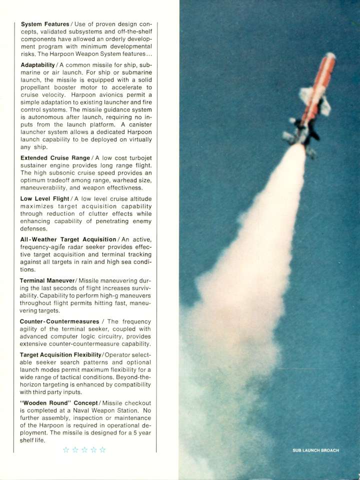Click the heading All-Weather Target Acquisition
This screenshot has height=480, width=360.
click(x=68, y=240)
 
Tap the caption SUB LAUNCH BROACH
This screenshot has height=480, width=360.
click(x=315, y=450)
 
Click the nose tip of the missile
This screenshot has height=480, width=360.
click(x=330, y=55)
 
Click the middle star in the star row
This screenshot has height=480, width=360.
click(x=84, y=449)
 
